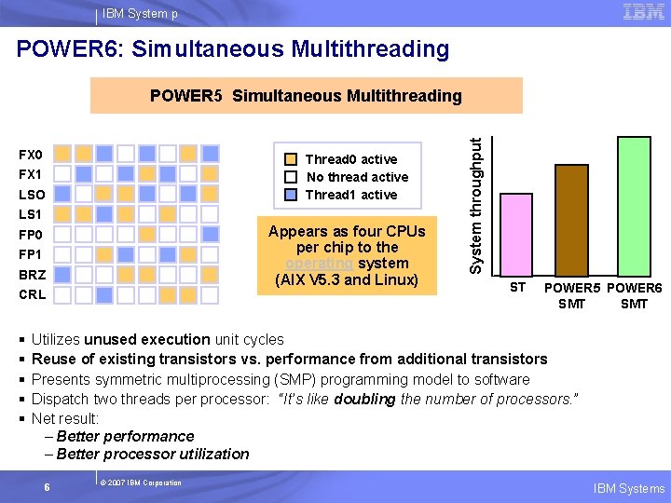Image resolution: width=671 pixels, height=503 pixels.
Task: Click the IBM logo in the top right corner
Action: point(643,12)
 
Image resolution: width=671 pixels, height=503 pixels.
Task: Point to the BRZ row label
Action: point(32,275)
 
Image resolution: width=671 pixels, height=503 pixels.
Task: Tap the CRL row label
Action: point(32,294)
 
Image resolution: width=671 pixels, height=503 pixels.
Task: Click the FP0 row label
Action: point(31,235)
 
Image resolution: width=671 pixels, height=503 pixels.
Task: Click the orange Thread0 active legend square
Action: point(293,159)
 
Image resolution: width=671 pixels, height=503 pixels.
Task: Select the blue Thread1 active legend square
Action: point(293,195)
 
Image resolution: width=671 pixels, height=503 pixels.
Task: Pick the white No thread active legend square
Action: point(293,177)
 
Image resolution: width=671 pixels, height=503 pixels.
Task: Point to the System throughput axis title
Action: point(476,206)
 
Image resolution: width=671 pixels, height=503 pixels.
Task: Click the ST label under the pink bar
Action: point(517,287)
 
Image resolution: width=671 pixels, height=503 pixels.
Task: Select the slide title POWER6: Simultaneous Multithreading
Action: point(233,48)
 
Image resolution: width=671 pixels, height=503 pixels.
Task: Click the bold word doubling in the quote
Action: point(364,399)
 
